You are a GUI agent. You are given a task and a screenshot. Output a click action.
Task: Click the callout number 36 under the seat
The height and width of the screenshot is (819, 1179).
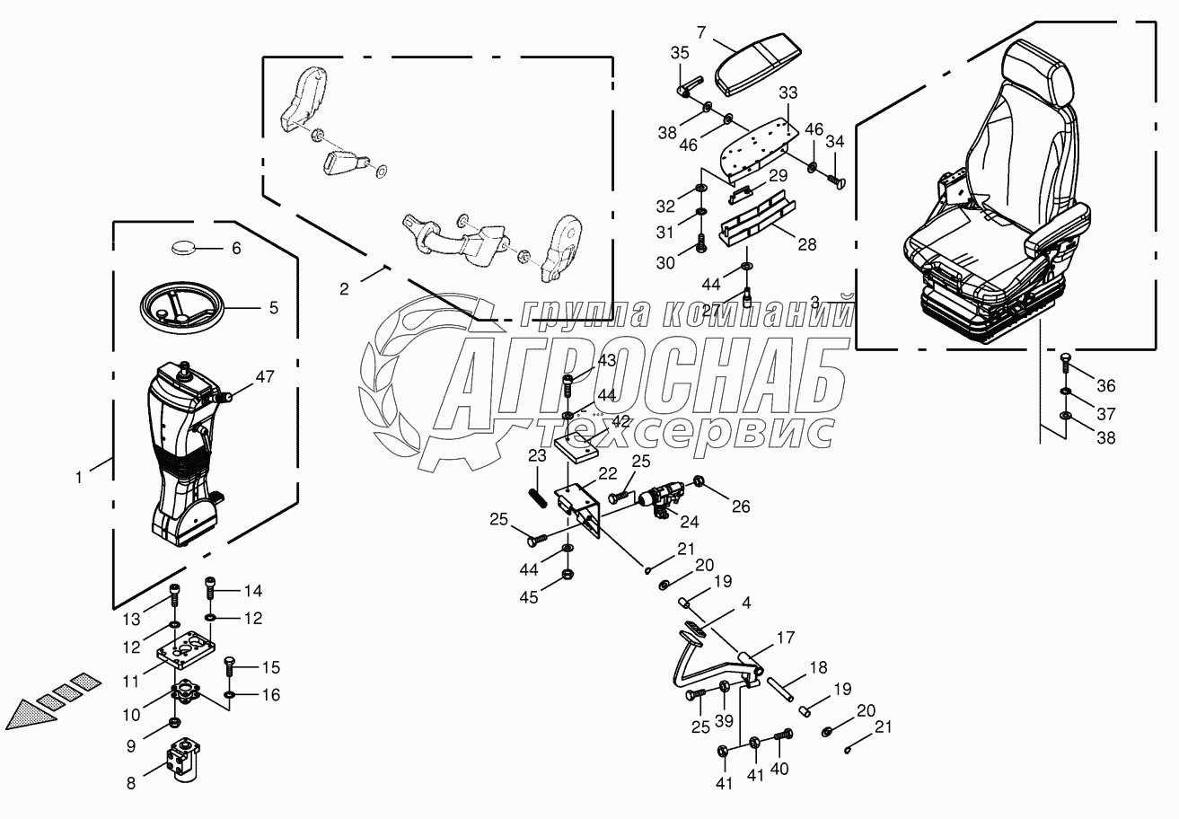tap(1105, 386)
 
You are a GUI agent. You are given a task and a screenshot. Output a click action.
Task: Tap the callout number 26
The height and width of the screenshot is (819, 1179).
tap(740, 506)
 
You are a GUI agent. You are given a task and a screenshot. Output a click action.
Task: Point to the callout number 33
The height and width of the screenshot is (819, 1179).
tap(787, 92)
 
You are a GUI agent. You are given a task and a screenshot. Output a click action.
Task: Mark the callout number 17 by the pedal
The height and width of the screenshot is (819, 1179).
tap(786, 639)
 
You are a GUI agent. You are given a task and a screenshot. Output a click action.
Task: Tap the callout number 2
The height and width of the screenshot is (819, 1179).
tap(344, 288)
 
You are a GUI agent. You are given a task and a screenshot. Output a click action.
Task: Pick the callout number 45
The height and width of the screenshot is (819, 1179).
tap(528, 597)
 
